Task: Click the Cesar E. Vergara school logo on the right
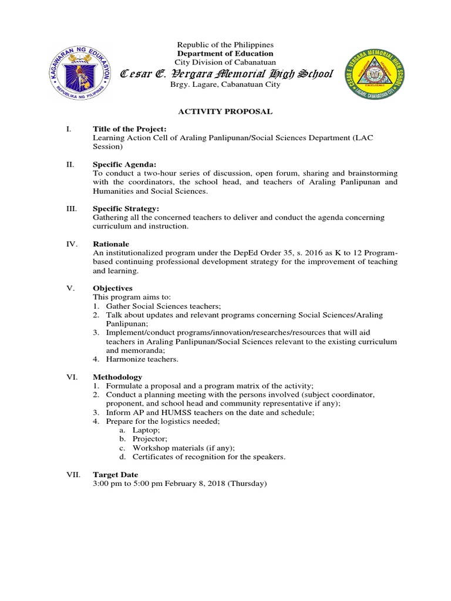tap(375, 75)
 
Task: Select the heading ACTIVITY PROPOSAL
tap(226, 110)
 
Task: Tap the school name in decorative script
tap(226, 73)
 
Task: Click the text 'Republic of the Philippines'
tap(225, 45)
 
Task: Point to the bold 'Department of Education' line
tap(225, 53)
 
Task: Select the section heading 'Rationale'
tap(112, 244)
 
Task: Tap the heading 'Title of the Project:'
tap(130, 129)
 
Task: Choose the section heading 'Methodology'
tap(117, 377)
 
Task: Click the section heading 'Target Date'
tap(116, 474)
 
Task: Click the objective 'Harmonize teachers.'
tap(142, 359)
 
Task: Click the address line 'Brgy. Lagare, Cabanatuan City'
tap(225, 85)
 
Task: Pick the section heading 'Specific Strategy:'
tap(126, 208)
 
